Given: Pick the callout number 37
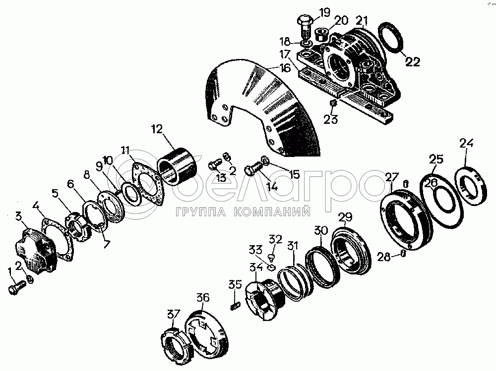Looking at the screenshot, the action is click(x=174, y=315).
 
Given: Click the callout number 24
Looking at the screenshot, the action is click(x=467, y=143).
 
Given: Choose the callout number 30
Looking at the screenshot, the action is click(x=321, y=231).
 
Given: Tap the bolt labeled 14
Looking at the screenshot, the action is click(x=253, y=168).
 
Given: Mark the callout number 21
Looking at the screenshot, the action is click(x=362, y=21).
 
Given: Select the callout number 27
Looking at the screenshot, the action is click(x=392, y=177).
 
